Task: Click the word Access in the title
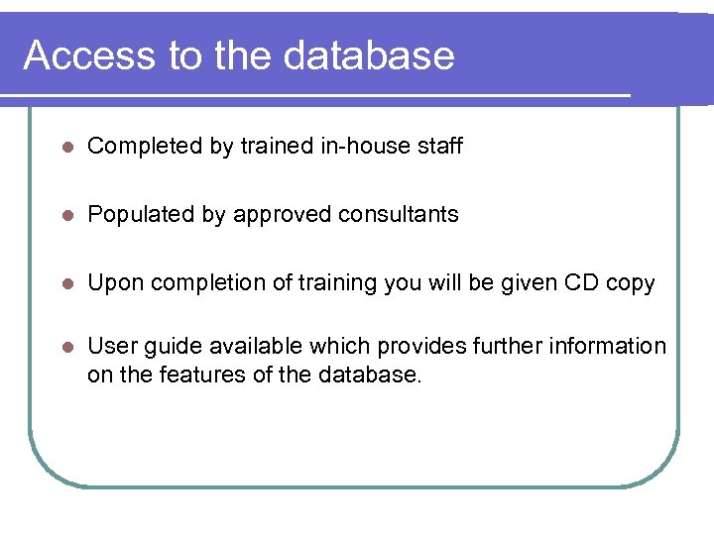click(89, 55)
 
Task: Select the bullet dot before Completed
click(65, 147)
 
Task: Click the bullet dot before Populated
click(65, 215)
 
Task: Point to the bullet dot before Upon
click(65, 283)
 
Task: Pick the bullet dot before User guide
click(65, 347)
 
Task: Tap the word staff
click(440, 147)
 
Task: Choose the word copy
click(631, 284)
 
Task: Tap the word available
click(252, 346)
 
